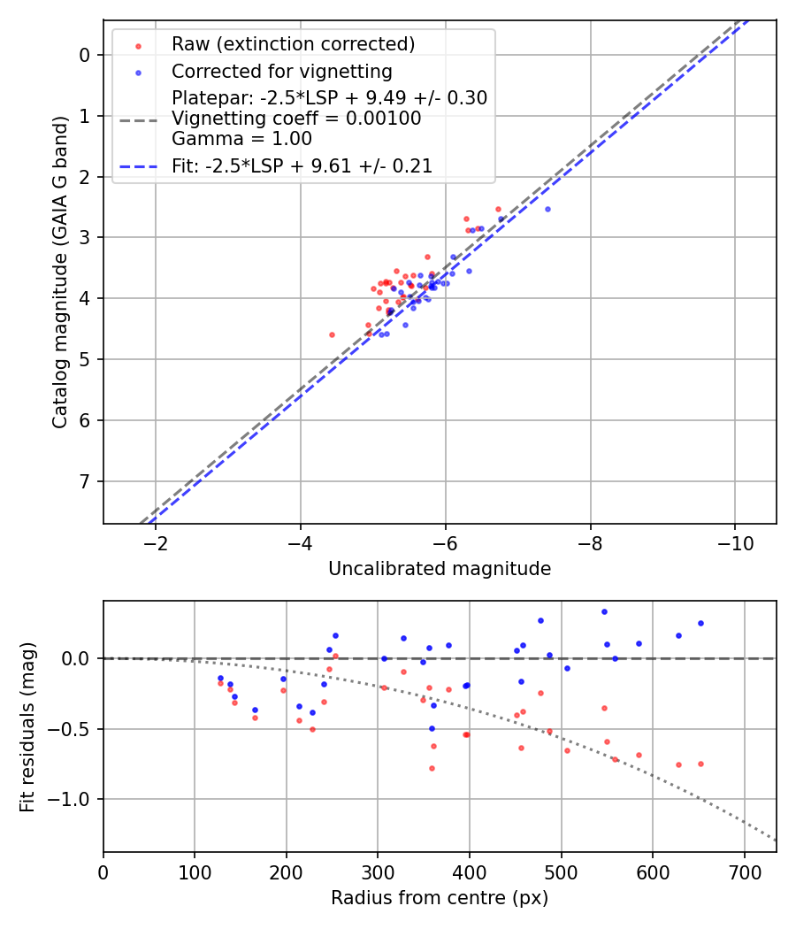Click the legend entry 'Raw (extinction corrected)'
click(x=293, y=44)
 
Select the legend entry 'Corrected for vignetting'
click(x=281, y=71)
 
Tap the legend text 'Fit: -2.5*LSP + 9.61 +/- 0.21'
click(x=302, y=165)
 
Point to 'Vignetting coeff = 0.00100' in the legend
click(x=296, y=119)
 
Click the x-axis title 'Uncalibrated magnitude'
click(x=440, y=569)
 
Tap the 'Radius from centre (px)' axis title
click(x=440, y=898)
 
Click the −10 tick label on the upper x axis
click(x=733, y=542)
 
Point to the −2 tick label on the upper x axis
click(x=156, y=542)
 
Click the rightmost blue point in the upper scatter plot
click(x=547, y=209)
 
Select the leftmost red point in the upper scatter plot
click(x=332, y=334)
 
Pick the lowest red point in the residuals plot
click(x=432, y=768)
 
